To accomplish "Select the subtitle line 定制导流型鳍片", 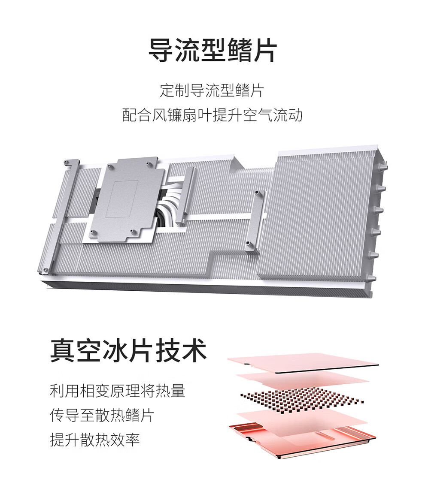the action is (212, 90).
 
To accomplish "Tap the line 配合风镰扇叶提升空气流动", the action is (212, 115).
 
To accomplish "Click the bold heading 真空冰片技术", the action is (128, 350).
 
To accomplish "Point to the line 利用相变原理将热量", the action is (117, 391).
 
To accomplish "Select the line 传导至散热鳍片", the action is (102, 415).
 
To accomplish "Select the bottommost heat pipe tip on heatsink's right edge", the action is (371, 279).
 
